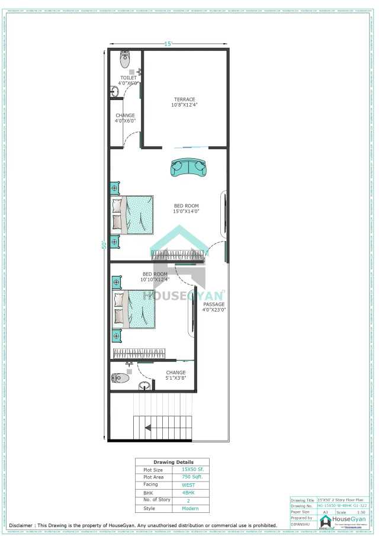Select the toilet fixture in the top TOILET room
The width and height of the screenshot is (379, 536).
(125, 59)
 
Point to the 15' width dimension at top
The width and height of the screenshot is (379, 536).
(168, 44)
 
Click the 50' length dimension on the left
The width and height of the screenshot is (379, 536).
(104, 244)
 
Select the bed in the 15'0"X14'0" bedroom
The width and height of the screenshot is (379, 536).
(133, 214)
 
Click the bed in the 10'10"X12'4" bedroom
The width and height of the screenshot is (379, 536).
(134, 309)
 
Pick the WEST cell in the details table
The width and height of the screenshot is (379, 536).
(188, 484)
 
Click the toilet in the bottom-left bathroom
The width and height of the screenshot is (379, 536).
(121, 377)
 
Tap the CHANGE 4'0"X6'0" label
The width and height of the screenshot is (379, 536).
(125, 118)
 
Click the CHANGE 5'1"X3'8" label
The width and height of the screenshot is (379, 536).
(175, 375)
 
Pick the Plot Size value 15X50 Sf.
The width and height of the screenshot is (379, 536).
(189, 469)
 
